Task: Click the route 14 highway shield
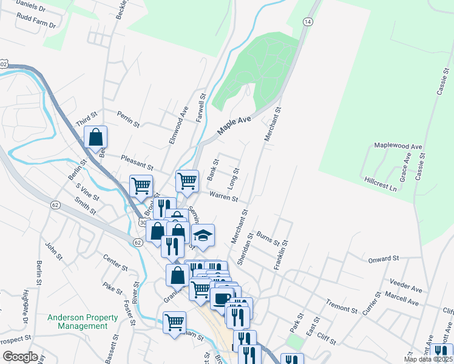308,22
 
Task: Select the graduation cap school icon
203,235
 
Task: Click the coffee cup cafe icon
222,297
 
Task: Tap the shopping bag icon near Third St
96,137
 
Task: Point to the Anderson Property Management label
83,322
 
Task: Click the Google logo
20,357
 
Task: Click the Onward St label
382,259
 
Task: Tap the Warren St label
223,196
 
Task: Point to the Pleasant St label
137,162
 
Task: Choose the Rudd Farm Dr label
36,25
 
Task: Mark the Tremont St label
341,306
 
